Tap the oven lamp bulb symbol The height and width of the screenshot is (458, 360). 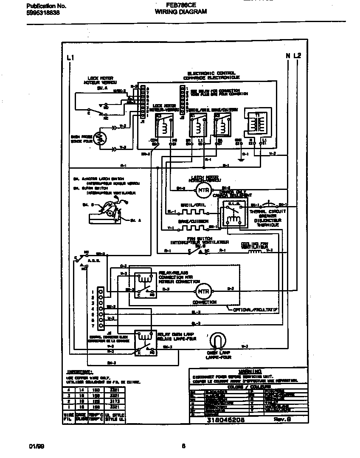[218, 341]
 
